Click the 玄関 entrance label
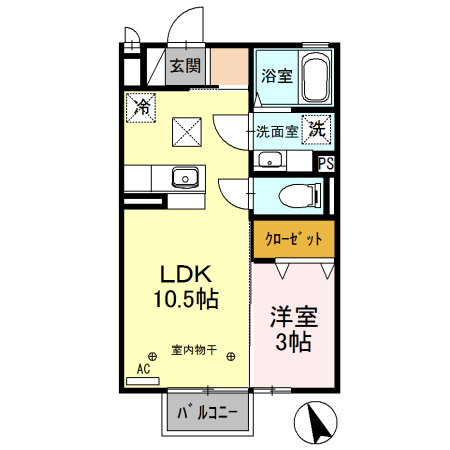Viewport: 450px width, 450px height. (x=185, y=67)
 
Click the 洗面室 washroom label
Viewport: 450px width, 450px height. (x=276, y=130)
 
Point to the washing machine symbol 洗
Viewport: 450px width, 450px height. (x=317, y=128)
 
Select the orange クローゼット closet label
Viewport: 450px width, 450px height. (x=292, y=239)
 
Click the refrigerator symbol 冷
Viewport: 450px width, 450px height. (x=140, y=105)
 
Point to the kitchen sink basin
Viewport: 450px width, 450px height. (x=184, y=178)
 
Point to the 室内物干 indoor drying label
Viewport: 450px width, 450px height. (x=193, y=350)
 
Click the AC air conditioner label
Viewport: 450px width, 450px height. (x=143, y=368)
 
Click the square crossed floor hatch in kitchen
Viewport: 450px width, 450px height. (x=186, y=131)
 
